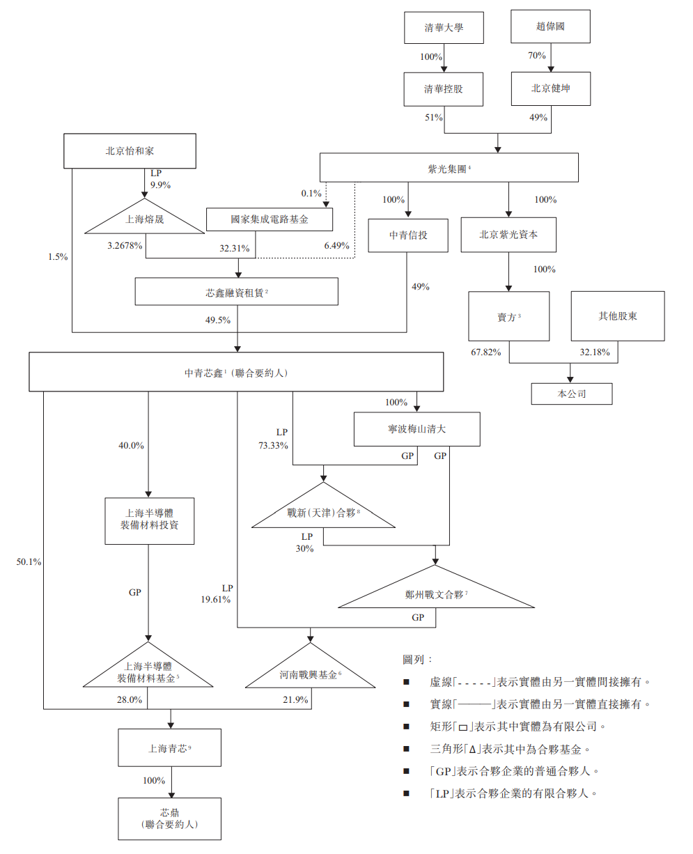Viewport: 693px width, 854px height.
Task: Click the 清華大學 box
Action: [444, 29]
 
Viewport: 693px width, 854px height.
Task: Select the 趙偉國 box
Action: [550, 28]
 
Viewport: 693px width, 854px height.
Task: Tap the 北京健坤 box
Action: [550, 89]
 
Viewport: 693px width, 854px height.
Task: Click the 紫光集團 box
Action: [449, 168]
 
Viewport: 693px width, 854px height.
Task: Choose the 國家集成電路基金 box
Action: [270, 219]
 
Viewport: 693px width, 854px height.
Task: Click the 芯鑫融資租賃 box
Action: [236, 292]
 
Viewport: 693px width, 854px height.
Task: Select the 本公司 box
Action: [571, 394]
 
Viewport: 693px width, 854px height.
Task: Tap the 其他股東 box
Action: [617, 316]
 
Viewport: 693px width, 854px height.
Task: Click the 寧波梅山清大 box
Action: [416, 429]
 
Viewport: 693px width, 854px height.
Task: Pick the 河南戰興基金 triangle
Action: [310, 674]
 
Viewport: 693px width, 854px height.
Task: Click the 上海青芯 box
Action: [169, 748]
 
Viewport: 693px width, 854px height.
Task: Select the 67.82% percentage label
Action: [486, 352]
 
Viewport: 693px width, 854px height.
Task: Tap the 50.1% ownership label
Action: [30, 561]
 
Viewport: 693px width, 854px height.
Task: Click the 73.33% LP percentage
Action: [274, 446]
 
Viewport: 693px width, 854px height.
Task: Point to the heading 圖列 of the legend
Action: [417, 659]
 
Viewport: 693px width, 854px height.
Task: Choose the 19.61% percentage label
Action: [216, 598]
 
